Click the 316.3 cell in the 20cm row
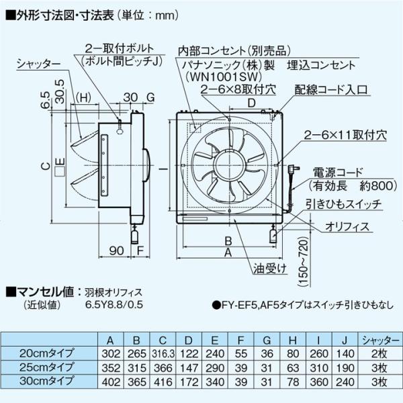163,354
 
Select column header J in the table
345,341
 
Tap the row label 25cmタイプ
46,367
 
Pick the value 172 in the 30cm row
189,382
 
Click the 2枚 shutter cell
379,354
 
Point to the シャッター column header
379,341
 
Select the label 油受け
270,269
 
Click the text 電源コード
337,173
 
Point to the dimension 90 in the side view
117,251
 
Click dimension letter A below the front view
228,253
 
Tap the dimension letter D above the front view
252,103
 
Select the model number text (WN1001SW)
223,77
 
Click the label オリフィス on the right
347,227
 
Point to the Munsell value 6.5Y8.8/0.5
114,304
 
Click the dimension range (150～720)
304,262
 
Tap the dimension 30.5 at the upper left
60,92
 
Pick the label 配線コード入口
331,90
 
